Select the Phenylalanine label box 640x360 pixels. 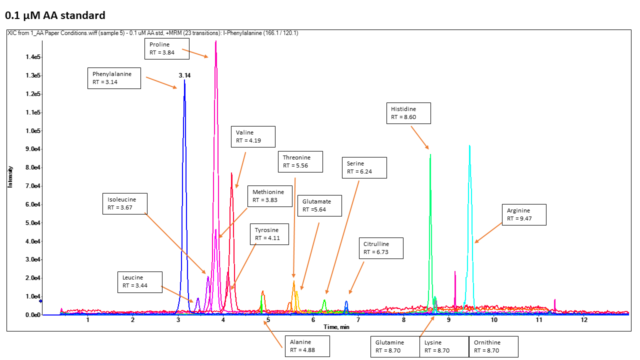click(114, 78)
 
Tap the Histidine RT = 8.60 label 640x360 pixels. click(408, 113)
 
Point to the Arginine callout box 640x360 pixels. click(524, 214)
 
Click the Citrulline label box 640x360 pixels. click(381, 248)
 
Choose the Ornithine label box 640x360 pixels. click(493, 346)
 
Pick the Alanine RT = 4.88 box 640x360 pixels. click(307, 346)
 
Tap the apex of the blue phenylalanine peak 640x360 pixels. click(184, 80)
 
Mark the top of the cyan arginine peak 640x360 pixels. click(469, 145)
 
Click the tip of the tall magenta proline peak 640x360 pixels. click(215, 41)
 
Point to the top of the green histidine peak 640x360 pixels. click(430, 154)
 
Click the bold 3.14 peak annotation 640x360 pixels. click(184, 75)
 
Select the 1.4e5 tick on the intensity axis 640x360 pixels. click(32, 57)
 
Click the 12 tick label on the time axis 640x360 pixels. click(584, 320)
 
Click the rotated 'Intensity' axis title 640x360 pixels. click(9, 176)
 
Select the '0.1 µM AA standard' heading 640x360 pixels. click(55, 15)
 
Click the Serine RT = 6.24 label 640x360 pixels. click(364, 167)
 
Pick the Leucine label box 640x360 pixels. click(140, 282)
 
